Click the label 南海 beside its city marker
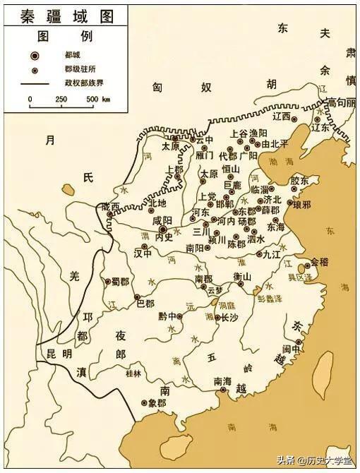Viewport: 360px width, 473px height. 222,381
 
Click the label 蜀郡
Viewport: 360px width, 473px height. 120,281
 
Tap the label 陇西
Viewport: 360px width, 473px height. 111,206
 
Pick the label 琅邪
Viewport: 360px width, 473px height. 293,204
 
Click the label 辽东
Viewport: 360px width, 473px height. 320,128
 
